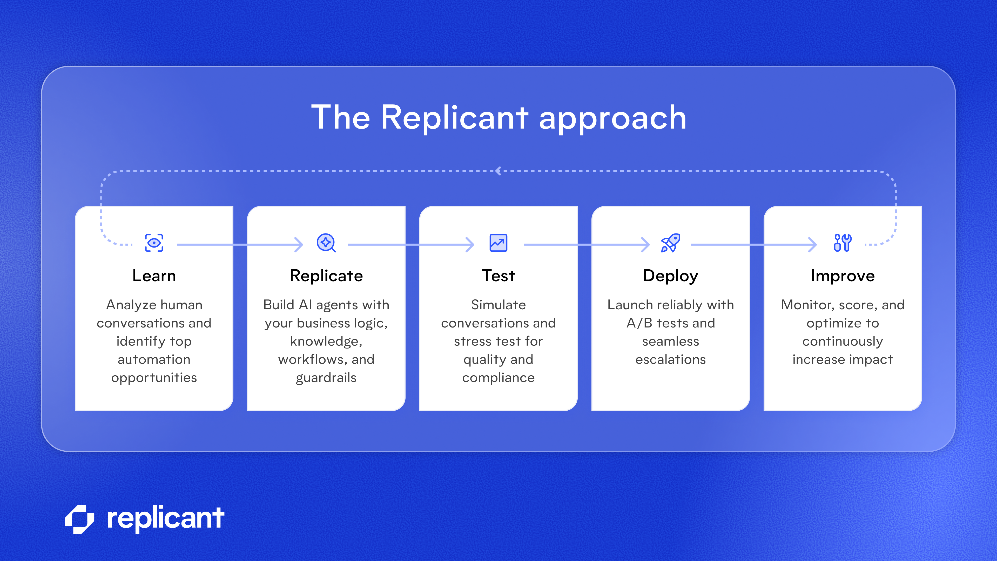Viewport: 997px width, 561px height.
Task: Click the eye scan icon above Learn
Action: tap(154, 243)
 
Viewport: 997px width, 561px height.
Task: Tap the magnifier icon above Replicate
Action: tap(326, 243)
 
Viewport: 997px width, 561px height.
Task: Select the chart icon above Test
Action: tap(498, 243)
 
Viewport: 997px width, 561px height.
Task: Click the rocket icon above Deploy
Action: tap(670, 243)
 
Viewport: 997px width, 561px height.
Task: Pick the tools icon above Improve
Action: tap(843, 243)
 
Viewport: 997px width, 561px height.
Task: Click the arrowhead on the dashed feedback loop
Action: tap(498, 171)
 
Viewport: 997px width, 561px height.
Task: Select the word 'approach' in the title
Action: tap(613, 118)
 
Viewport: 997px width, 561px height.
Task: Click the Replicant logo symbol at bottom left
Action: tap(80, 519)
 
